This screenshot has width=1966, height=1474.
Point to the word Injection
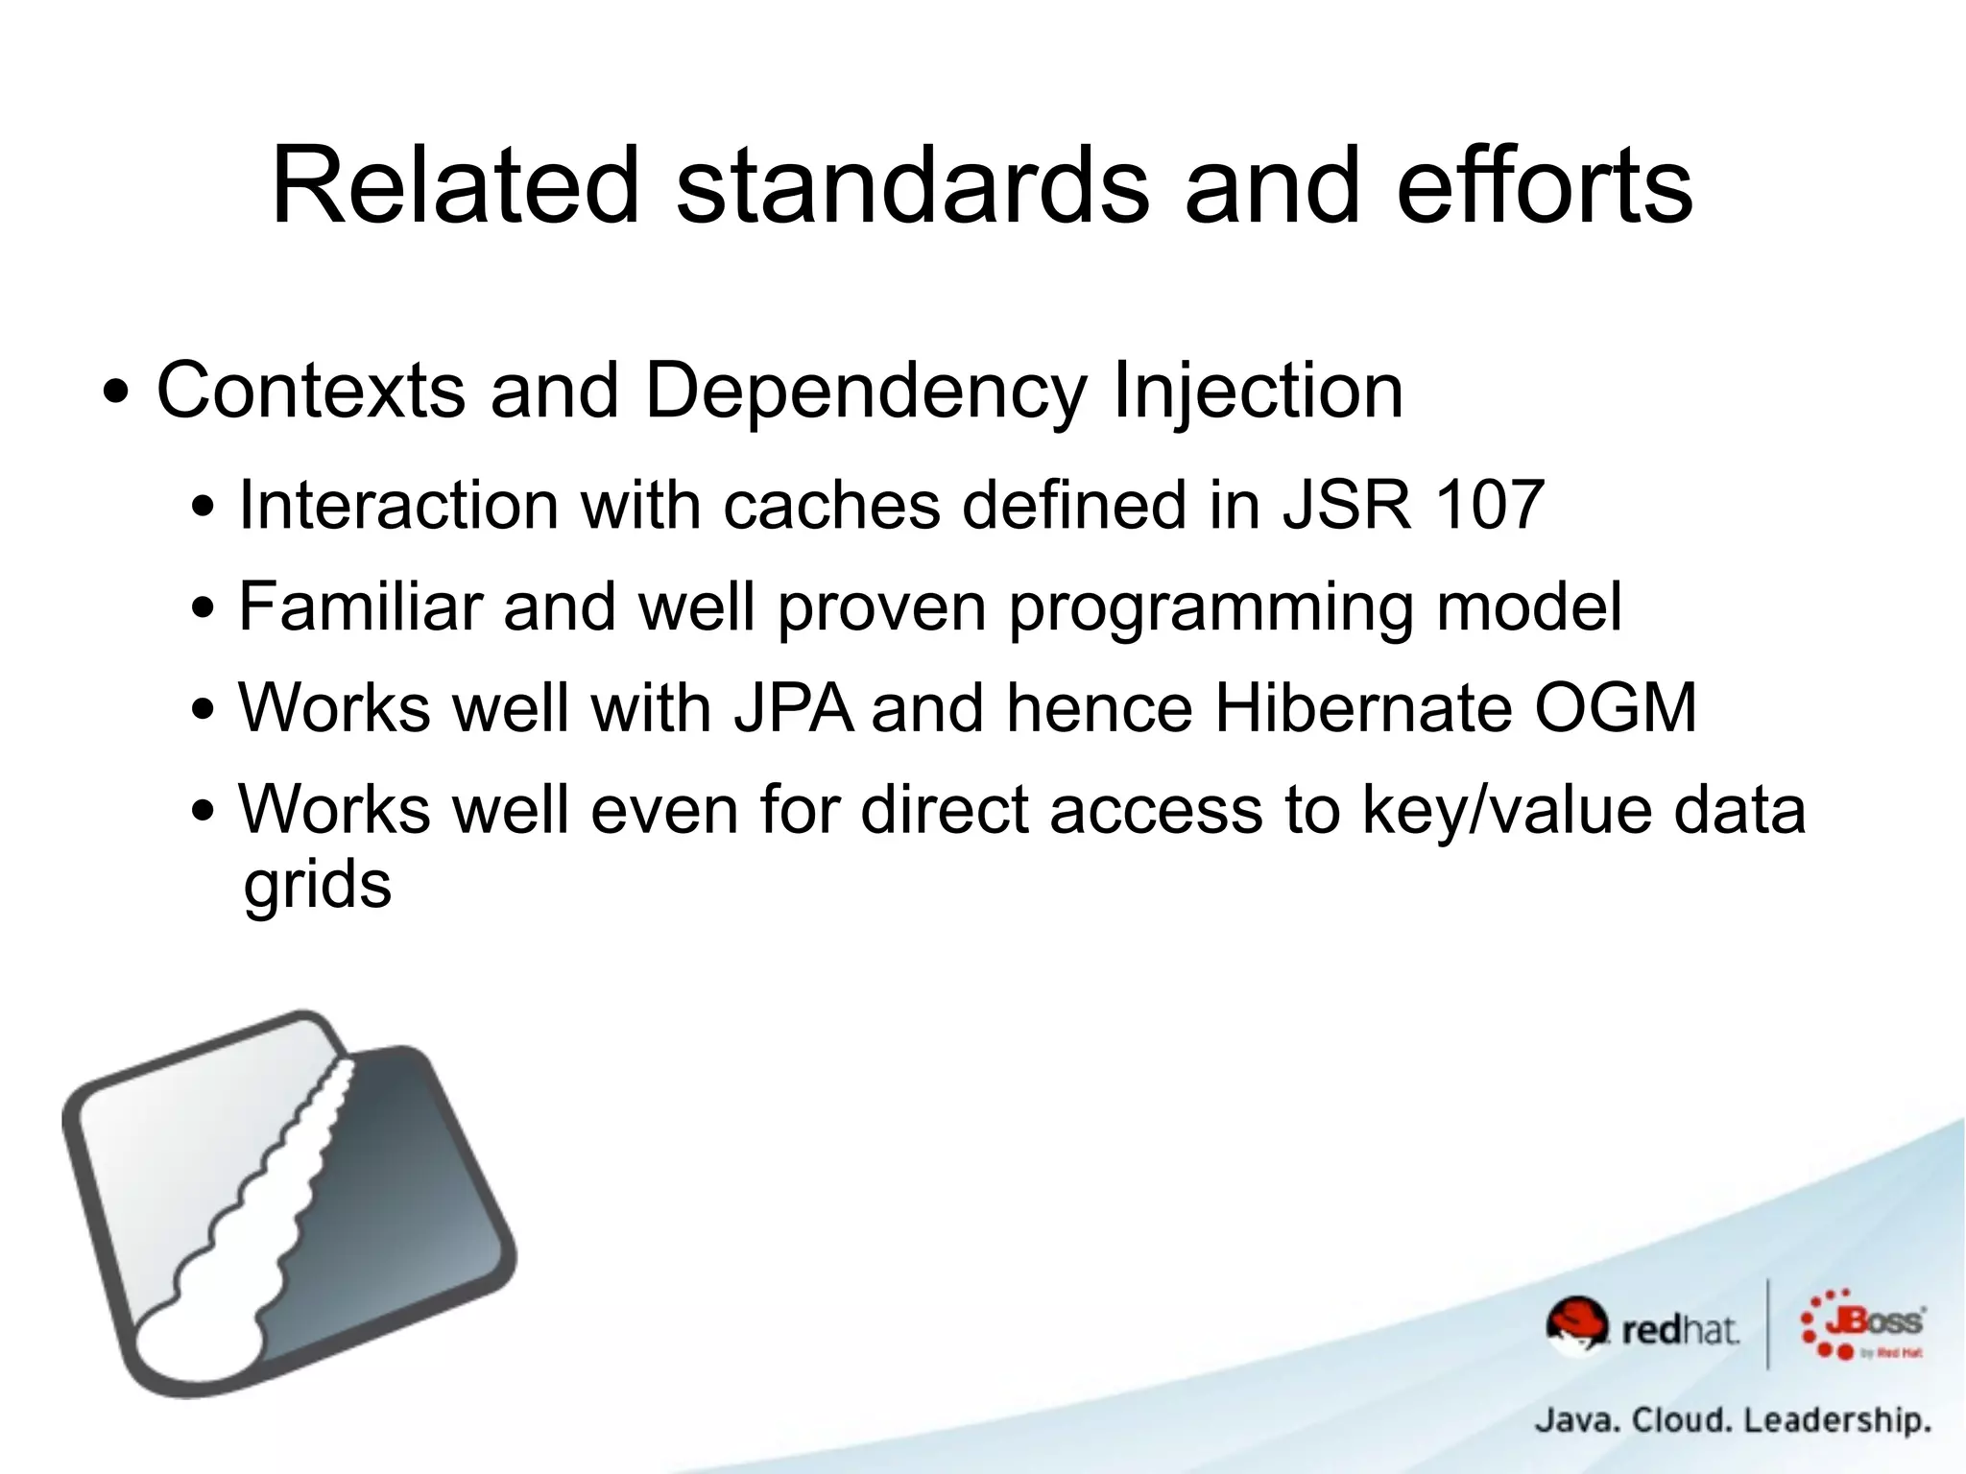1258,391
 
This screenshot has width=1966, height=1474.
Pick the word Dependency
865,391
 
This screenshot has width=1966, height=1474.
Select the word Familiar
360,606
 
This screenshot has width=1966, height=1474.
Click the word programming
1211,608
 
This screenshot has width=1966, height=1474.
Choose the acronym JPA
793,708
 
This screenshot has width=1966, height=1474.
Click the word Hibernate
1363,708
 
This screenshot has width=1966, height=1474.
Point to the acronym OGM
1616,708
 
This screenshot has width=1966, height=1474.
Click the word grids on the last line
318,885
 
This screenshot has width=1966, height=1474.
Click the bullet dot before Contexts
116,393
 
